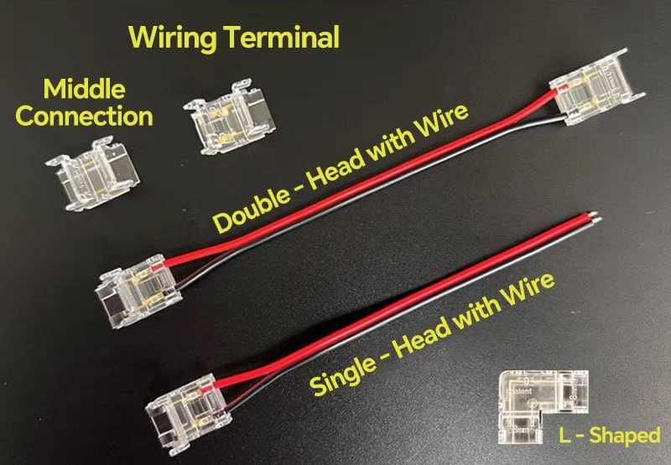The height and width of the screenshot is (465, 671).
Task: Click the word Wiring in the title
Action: (x=173, y=39)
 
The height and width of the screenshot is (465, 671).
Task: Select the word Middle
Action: (x=85, y=90)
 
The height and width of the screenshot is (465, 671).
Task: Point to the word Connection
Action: (x=85, y=116)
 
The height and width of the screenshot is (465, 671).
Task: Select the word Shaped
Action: (x=625, y=436)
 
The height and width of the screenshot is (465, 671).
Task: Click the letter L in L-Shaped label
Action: (x=564, y=435)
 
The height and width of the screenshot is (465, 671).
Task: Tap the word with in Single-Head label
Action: (x=476, y=312)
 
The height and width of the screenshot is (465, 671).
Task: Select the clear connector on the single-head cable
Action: (x=189, y=413)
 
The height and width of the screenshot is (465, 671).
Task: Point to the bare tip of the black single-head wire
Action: (x=597, y=220)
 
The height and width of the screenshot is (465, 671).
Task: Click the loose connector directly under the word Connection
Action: (x=93, y=173)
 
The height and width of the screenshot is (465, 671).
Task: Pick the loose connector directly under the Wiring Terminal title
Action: (x=229, y=116)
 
